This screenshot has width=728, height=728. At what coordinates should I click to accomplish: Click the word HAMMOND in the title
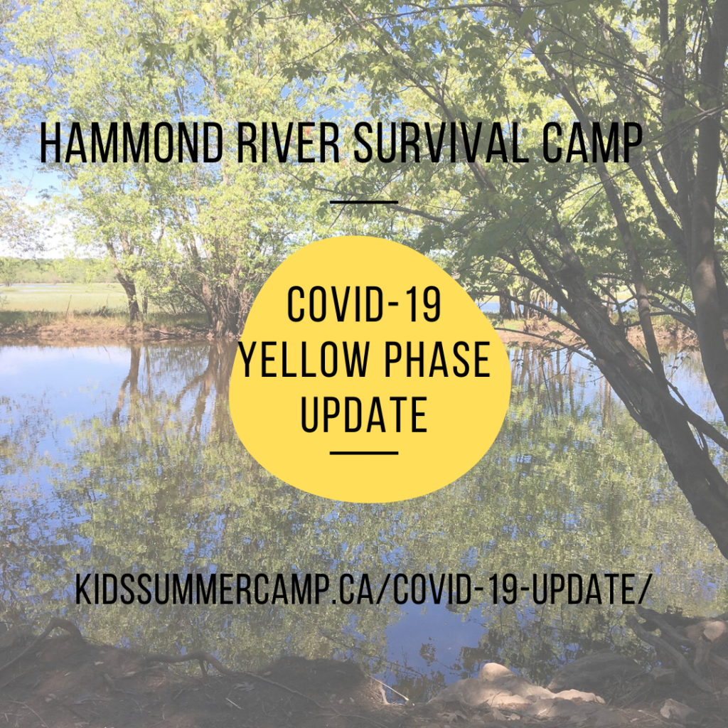tap(132, 142)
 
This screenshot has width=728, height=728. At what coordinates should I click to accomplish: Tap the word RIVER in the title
tap(289, 142)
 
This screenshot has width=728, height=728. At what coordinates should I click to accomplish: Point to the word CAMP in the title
tap(592, 142)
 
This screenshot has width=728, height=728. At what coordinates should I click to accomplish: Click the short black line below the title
tap(364, 202)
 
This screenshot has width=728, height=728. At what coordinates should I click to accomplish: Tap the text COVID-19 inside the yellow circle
tap(364, 304)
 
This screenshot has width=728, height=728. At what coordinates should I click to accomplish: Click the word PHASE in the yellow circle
tap(437, 360)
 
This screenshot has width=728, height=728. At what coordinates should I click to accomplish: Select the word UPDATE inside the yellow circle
tap(364, 415)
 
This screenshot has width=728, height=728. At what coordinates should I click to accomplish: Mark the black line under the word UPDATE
tap(364, 453)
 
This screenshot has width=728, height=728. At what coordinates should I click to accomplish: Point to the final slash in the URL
tap(642, 589)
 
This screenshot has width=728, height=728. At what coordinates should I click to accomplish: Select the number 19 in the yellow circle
tap(424, 304)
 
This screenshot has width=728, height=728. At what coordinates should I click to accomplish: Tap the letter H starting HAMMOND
tap(50, 142)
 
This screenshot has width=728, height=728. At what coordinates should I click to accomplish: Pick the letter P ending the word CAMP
tap(631, 142)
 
